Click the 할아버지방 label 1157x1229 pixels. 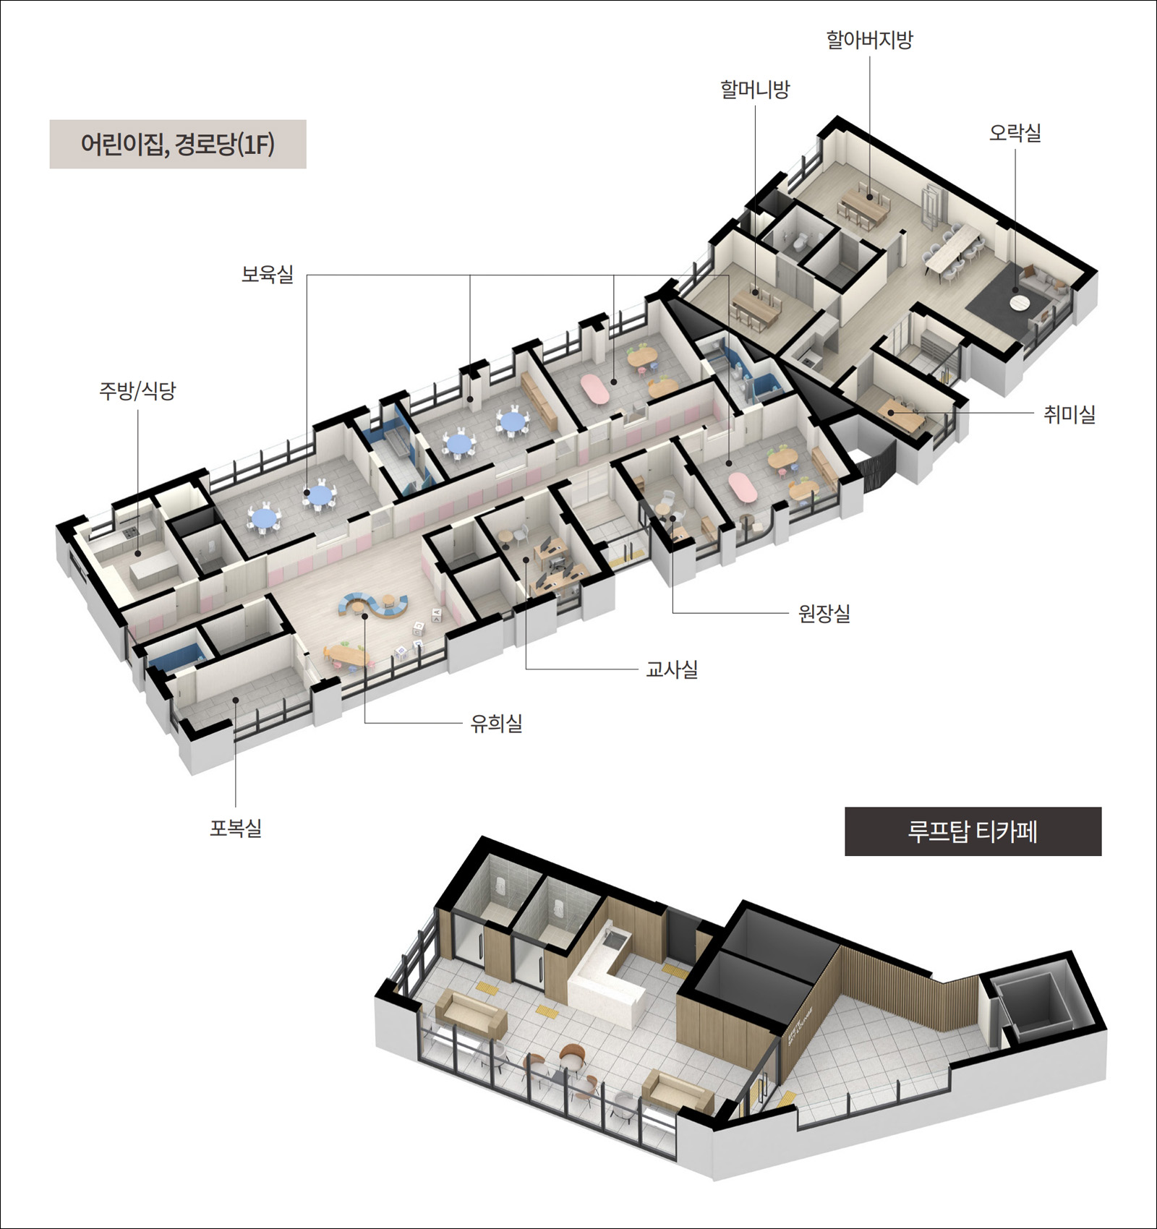tap(869, 40)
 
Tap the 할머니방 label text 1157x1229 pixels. tap(755, 90)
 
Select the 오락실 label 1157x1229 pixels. tap(1015, 133)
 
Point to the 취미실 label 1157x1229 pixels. tap(1069, 414)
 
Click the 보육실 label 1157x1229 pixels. tap(268, 274)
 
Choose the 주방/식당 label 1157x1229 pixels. tap(137, 391)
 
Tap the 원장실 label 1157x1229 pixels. tap(824, 614)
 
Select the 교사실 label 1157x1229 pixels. tap(672, 669)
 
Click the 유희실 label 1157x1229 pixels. tap(496, 723)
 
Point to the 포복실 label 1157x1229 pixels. tap(236, 828)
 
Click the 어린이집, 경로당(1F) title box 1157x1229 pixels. tap(178, 145)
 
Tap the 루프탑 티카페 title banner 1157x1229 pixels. tap(973, 831)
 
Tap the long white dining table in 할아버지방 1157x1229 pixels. tap(952, 246)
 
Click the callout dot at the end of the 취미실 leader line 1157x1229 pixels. tap(891, 413)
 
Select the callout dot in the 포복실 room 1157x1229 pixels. tap(236, 700)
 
